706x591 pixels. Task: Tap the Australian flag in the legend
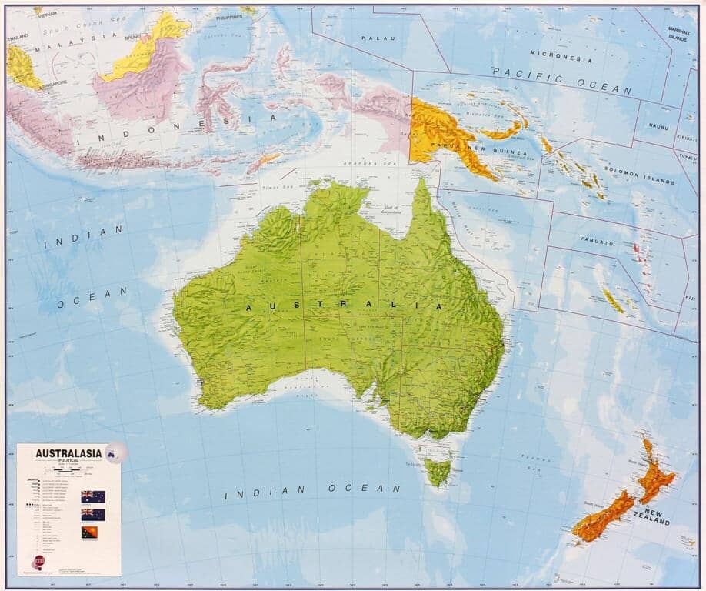(x=92, y=496)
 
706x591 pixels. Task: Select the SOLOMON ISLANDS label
(x=639, y=176)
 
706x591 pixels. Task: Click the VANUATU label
(x=597, y=243)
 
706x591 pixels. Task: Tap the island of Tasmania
(x=438, y=470)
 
